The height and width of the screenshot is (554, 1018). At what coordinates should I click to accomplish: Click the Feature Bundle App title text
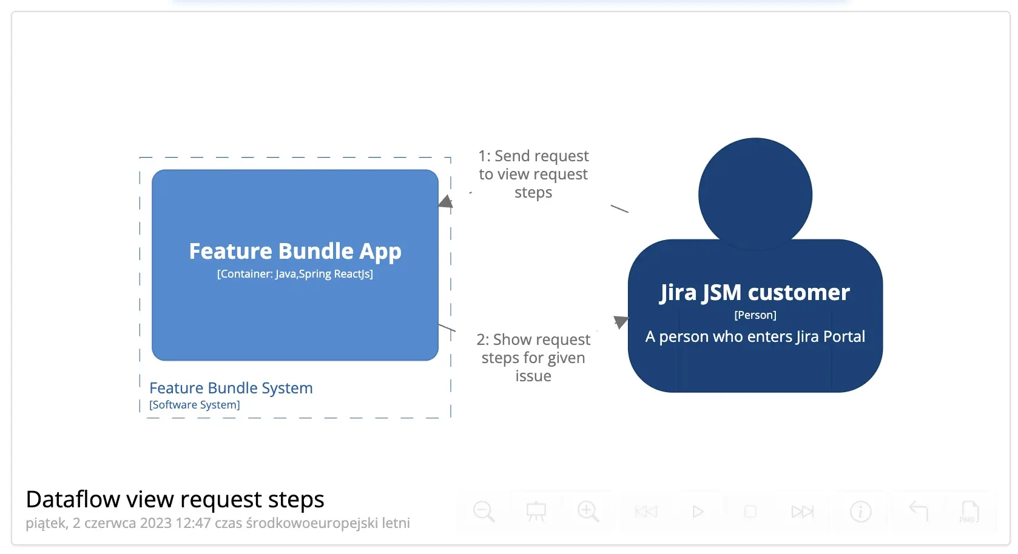click(295, 251)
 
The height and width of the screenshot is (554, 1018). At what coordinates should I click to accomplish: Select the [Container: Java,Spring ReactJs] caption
click(295, 274)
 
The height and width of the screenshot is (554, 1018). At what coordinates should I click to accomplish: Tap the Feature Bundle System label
click(231, 388)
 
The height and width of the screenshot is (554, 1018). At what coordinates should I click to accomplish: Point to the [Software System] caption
click(195, 405)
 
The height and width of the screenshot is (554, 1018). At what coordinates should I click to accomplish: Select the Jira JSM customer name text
click(755, 293)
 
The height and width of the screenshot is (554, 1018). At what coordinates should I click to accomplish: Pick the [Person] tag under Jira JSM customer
click(755, 315)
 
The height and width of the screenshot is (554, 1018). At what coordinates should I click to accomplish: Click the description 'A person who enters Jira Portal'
click(755, 336)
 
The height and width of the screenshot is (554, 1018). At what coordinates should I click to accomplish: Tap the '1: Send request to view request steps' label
click(533, 174)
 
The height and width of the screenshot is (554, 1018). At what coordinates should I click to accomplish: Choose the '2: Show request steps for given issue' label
click(533, 358)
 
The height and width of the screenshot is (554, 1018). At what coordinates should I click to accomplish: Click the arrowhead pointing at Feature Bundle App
click(446, 202)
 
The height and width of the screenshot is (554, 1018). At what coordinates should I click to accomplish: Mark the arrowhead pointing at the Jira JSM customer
click(620, 321)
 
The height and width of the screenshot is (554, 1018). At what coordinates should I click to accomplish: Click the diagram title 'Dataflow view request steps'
click(175, 499)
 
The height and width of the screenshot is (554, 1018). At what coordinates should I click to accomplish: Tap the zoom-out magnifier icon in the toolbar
click(484, 512)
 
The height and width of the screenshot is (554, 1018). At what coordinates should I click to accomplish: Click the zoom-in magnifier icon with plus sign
click(588, 512)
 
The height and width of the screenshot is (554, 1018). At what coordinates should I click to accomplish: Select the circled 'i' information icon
click(860, 512)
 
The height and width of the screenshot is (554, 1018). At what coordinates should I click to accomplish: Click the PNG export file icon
click(969, 512)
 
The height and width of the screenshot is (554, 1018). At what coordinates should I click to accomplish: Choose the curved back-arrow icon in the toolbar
click(919, 512)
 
